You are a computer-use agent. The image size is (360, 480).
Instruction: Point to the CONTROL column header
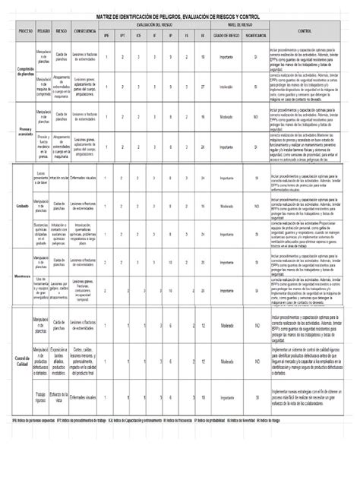[x=304, y=31]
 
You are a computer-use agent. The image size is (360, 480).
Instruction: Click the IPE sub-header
[x=107, y=36]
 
